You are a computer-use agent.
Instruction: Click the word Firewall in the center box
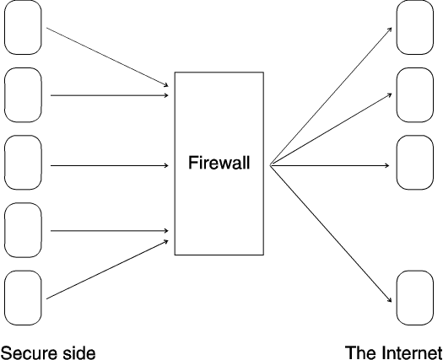(x=219, y=163)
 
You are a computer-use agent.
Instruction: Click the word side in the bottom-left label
(x=79, y=353)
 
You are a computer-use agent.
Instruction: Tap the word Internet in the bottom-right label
(x=413, y=352)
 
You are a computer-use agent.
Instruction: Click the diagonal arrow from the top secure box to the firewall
(x=107, y=57)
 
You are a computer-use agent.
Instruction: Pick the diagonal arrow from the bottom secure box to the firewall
(x=107, y=269)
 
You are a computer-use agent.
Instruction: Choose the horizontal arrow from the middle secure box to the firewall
(x=110, y=165)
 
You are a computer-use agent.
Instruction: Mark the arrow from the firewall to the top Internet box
(x=331, y=96)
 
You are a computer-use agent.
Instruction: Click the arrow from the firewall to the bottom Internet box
(x=331, y=234)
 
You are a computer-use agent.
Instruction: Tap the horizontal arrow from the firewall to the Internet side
(x=330, y=165)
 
